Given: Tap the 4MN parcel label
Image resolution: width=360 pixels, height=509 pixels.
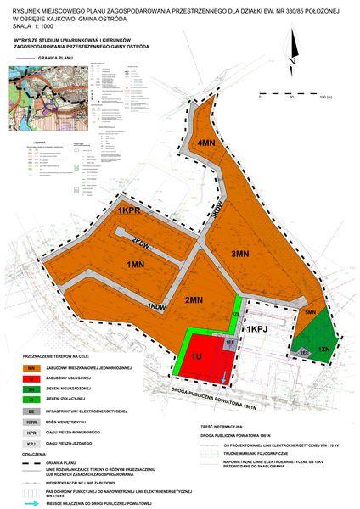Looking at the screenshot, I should [205, 143].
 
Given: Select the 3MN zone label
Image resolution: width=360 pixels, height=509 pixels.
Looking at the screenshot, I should [240, 254].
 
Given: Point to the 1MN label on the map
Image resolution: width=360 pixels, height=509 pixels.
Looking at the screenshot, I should [135, 266].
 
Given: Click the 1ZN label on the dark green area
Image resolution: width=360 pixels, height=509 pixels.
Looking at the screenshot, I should [323, 349].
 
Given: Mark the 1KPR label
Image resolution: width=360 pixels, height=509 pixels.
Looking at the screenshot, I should [128, 210].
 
